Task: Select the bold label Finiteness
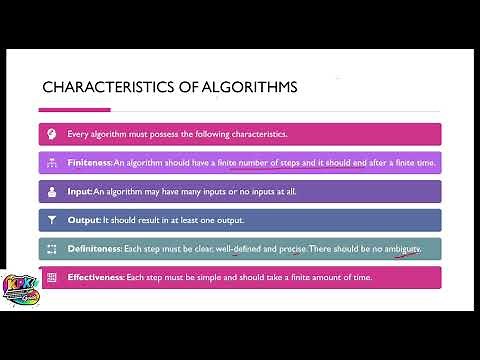point(89,162)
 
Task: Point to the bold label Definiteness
point(93,247)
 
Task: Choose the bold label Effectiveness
point(96,276)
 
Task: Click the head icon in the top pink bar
point(52,134)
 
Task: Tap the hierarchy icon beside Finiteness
point(52,162)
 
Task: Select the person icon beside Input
point(52,190)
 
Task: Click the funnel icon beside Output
point(52,219)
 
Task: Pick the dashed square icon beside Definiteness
point(52,247)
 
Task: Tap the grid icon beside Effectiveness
point(52,276)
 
